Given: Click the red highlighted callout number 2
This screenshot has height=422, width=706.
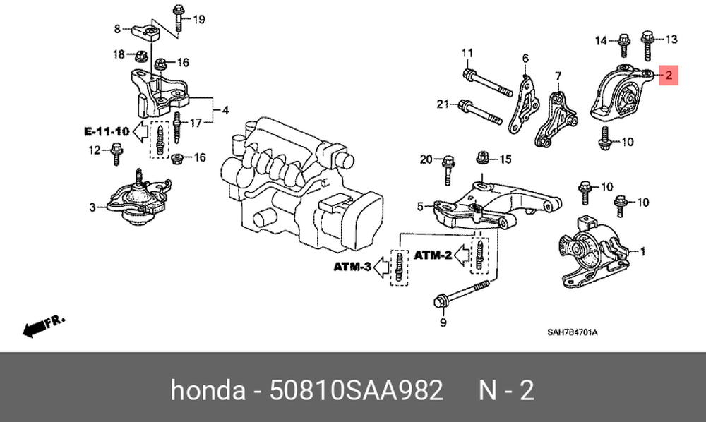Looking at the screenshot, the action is (669, 75).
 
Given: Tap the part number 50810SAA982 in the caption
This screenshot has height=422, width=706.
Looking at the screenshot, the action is (356, 390).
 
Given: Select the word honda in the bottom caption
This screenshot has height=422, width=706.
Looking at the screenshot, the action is (208, 390).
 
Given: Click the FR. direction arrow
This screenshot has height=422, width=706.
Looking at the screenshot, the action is (44, 327).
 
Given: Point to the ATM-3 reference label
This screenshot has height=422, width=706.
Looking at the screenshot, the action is (352, 267).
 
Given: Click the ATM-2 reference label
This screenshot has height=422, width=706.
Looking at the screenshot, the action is (432, 255).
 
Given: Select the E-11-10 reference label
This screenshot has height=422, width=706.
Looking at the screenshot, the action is (107, 131).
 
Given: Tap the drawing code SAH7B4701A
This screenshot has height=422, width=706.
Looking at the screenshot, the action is (573, 332).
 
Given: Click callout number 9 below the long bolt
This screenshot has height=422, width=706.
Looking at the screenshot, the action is (443, 322).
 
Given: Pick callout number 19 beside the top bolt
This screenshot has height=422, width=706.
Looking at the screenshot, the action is (198, 19).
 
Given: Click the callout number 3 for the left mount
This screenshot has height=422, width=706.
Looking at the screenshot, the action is (92, 207).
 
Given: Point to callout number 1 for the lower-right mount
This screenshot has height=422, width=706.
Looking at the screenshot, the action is (642, 251).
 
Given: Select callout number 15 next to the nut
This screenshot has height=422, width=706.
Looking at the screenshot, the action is (505, 159).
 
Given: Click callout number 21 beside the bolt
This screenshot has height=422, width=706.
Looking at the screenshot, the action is (443, 104).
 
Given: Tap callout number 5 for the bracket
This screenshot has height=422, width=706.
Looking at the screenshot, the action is (420, 207).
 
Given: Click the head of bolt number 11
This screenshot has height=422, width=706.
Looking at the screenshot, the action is (468, 75).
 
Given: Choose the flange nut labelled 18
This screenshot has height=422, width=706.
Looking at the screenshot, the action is (141, 56).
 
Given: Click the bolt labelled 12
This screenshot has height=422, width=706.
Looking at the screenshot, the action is (116, 153).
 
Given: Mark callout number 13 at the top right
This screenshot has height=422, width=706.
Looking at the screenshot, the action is (671, 40).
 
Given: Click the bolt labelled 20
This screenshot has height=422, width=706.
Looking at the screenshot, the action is (448, 170).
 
